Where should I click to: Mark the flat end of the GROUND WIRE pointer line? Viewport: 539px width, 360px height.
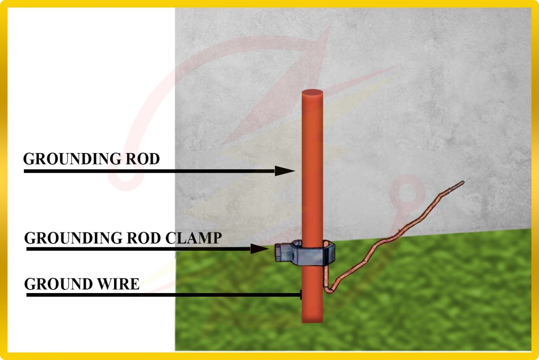pyautogui.click(x=301, y=295)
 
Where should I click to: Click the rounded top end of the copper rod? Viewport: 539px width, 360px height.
pyautogui.click(x=312, y=93)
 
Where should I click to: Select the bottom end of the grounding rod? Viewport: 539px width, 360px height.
pyautogui.click(x=312, y=320)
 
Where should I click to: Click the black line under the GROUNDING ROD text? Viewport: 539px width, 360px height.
pyautogui.click(x=148, y=171)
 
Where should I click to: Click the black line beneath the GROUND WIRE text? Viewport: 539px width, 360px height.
pyautogui.click(x=162, y=295)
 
